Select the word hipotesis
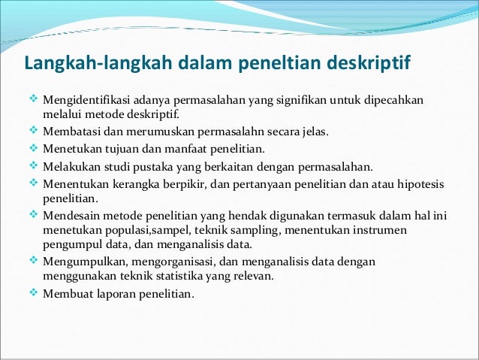[x=421, y=183]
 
